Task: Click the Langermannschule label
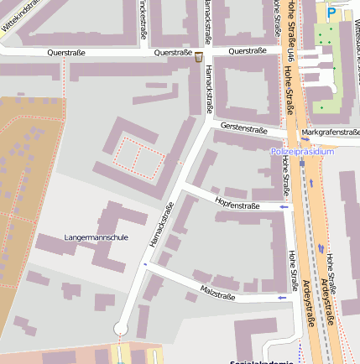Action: (96, 237)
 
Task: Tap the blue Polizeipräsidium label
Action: (302, 152)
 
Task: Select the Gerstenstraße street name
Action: (243, 129)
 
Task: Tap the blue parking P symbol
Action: (331, 13)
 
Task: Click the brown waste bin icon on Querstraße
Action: (199, 56)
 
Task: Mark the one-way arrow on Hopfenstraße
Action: (284, 205)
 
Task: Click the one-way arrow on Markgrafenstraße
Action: (305, 141)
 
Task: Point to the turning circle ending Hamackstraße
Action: (122, 328)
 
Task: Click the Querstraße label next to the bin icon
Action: (175, 52)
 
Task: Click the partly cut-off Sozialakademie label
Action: (262, 361)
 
